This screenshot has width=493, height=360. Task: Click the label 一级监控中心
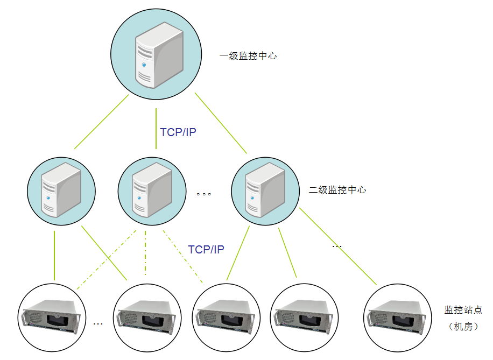pos(248,55)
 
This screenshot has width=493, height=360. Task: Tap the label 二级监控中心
pos(337,190)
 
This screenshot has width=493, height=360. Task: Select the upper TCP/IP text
pos(178,132)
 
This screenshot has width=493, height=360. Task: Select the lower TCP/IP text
pos(206,249)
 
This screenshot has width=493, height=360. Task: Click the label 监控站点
pos(463,310)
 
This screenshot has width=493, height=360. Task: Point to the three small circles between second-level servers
pos(204,194)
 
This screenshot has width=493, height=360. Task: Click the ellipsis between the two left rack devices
pos(98,324)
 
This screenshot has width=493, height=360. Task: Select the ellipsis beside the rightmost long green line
pos(337,246)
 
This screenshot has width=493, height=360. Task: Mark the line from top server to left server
pos(101,122)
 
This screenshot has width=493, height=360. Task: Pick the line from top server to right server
pos(221,123)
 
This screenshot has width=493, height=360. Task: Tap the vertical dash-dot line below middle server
pos(145,253)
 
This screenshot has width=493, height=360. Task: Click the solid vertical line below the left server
pos(54,256)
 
